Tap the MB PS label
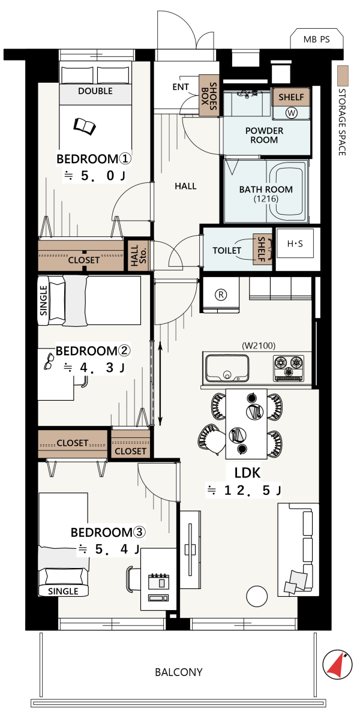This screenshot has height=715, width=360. click(316, 40)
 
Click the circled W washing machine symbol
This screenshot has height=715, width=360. click(291, 112)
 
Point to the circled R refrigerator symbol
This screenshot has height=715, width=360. click(221, 294)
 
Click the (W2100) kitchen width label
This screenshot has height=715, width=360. click(259, 345)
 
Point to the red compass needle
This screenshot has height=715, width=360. click(336, 666)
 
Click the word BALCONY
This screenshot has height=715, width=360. click(178, 672)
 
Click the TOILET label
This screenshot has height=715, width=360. click(227, 250)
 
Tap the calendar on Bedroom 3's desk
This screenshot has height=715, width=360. click(160, 581)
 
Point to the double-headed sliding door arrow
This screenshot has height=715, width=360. click(160, 383)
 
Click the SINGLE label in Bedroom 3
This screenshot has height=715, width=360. click(64, 591)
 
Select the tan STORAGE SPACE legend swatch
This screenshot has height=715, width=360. click(343, 76)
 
